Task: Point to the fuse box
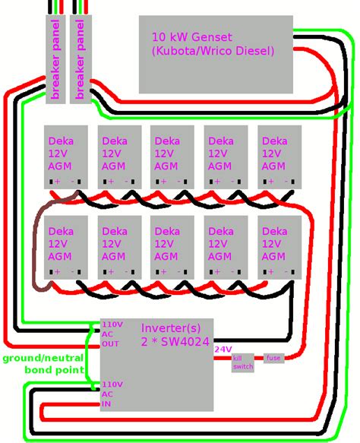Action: tap(273, 358)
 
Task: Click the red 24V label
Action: tap(223, 350)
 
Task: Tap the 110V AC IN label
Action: tap(111, 394)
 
